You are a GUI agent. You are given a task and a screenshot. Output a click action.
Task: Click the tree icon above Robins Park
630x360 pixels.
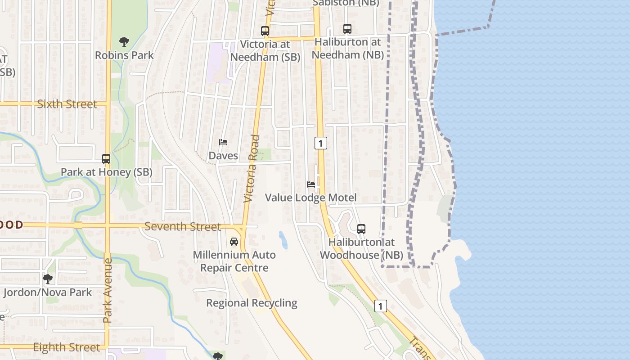pyautogui.click(x=124, y=42)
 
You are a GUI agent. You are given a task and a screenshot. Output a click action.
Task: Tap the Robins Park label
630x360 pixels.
pyautogui.click(x=124, y=55)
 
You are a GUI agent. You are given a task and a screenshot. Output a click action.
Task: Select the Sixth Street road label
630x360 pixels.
pyautogui.click(x=67, y=104)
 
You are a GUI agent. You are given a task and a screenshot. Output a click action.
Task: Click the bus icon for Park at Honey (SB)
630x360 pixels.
pyautogui.click(x=106, y=159)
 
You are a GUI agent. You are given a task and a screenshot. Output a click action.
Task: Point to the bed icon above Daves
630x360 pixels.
pyautogui.click(x=223, y=142)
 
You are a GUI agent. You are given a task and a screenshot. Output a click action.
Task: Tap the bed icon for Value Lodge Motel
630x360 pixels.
pyautogui.click(x=311, y=184)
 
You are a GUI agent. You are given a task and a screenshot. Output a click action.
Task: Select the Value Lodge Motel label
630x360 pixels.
pyautogui.click(x=310, y=198)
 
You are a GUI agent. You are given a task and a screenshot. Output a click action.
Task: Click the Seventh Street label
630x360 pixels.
pyautogui.click(x=183, y=226)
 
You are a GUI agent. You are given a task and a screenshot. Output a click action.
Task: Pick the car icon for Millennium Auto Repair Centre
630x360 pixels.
pyautogui.click(x=234, y=242)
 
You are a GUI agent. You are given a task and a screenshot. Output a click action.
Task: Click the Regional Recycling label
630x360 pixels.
pyautogui.click(x=252, y=303)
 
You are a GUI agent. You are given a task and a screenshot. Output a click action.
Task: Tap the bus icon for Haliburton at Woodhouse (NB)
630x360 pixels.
pyautogui.click(x=361, y=229)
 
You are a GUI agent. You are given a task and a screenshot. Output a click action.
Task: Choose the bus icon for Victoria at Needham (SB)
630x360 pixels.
pyautogui.click(x=265, y=31)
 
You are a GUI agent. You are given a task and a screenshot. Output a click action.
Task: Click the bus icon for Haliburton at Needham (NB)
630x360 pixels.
pyautogui.click(x=347, y=29)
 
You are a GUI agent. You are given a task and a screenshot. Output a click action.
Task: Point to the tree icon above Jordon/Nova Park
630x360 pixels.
pyautogui.click(x=48, y=279)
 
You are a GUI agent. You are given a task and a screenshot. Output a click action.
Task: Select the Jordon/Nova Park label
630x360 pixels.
pyautogui.click(x=48, y=292)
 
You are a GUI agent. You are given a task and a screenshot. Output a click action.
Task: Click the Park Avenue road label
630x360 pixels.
pyautogui.click(x=107, y=290)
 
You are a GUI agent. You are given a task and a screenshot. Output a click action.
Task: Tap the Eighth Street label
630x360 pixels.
pyautogui.click(x=67, y=347)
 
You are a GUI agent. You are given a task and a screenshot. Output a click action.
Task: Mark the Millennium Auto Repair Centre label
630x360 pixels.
pyautogui.click(x=234, y=261)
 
